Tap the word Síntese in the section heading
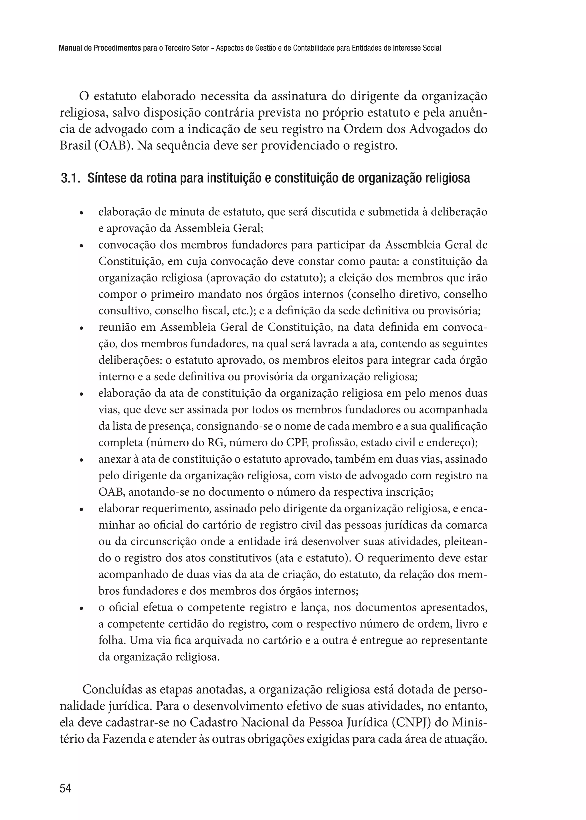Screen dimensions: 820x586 click(x=105, y=178)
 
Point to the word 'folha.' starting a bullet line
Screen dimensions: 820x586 click(x=112, y=641)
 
